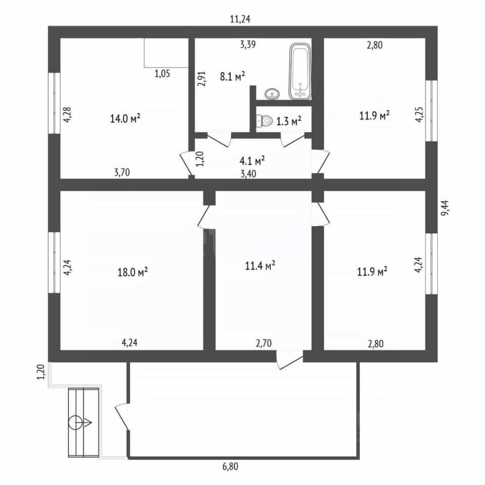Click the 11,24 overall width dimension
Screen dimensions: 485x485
tap(240, 19)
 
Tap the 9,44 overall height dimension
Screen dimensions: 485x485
tap(446, 208)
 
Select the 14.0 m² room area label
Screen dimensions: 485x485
tap(125, 118)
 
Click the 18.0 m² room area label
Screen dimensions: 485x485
tap(132, 272)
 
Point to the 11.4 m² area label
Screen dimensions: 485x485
tap(260, 265)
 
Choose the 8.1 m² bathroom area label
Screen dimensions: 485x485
tap(232, 76)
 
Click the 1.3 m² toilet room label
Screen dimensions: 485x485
tap(288, 121)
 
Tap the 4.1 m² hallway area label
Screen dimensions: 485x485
tap(252, 161)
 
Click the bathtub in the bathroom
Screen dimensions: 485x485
tap(300, 71)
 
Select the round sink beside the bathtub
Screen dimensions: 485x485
tap(272, 94)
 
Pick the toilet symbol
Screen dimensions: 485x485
tap(264, 120)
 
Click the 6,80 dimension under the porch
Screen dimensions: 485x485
tap(230, 466)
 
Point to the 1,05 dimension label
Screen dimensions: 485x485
tap(162, 74)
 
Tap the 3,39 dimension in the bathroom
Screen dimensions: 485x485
tap(248, 44)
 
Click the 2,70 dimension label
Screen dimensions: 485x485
tap(264, 343)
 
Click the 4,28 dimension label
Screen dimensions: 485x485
tap(67, 115)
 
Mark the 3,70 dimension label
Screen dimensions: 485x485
tap(122, 172)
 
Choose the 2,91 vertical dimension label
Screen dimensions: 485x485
tap(202, 79)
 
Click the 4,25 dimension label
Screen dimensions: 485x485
tap(419, 115)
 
